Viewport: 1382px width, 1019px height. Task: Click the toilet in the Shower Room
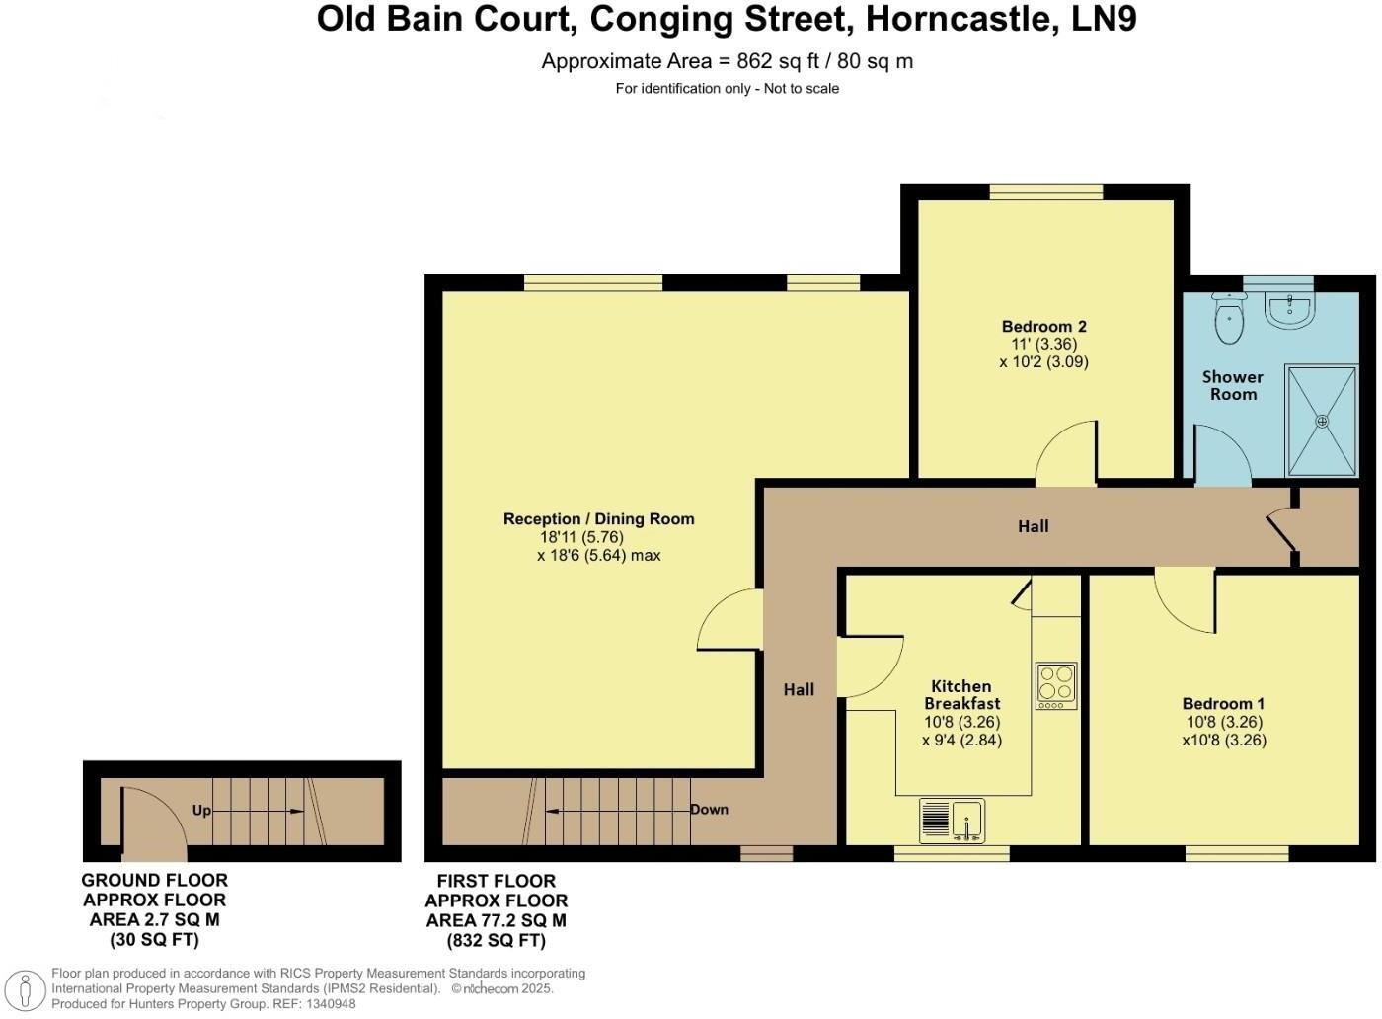1229,318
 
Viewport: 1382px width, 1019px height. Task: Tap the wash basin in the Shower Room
1288,308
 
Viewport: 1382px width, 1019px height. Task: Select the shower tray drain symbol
1322,421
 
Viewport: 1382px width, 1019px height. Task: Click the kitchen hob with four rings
1055,685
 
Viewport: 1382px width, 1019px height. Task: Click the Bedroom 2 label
1043,327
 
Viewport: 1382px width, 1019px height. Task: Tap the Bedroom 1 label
1223,704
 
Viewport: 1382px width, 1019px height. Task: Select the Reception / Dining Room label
598,519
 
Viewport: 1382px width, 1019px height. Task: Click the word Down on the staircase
709,810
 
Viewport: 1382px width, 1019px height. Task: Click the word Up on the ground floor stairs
201,811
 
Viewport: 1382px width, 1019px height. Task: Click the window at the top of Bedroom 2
1046,192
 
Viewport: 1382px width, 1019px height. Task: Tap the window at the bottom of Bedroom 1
1236,853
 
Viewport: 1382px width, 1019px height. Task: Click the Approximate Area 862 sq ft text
727,61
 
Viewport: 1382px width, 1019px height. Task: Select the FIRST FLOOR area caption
497,910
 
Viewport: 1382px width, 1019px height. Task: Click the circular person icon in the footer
25,989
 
